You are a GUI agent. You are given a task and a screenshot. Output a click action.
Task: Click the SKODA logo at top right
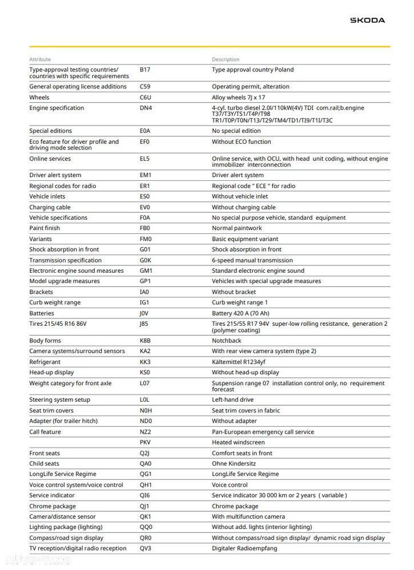coord(367,21)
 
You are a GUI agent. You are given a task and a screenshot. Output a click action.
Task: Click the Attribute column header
coord(40,59)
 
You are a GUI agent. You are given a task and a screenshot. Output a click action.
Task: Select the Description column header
coord(226,59)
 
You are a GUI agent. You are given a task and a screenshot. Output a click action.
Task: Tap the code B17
coord(145,70)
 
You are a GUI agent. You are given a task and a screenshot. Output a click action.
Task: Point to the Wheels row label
coord(39,98)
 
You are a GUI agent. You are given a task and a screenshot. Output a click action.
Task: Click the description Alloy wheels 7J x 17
coord(238,98)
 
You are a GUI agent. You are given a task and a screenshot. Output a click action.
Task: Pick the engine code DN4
coord(146,108)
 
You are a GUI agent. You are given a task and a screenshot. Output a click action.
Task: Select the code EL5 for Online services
coord(145,159)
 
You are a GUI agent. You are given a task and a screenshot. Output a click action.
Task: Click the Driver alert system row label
coord(55,175)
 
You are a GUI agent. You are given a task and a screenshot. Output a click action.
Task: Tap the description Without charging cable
coord(244,207)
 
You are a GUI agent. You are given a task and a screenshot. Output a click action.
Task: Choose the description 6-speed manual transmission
coord(252,260)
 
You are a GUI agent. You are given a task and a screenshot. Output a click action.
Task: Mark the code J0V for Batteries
coord(144,313)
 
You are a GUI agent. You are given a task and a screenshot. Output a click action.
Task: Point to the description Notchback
coord(227,341)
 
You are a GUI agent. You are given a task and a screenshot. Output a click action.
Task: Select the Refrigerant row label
coord(45,362)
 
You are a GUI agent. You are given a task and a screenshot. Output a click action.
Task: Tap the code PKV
coord(146,442)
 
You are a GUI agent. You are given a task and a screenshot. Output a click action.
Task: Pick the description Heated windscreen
coord(238,442)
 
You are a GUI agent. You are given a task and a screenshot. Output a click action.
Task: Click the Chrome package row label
coord(53,506)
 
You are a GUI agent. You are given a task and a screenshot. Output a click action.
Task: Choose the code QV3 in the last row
coord(146,548)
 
